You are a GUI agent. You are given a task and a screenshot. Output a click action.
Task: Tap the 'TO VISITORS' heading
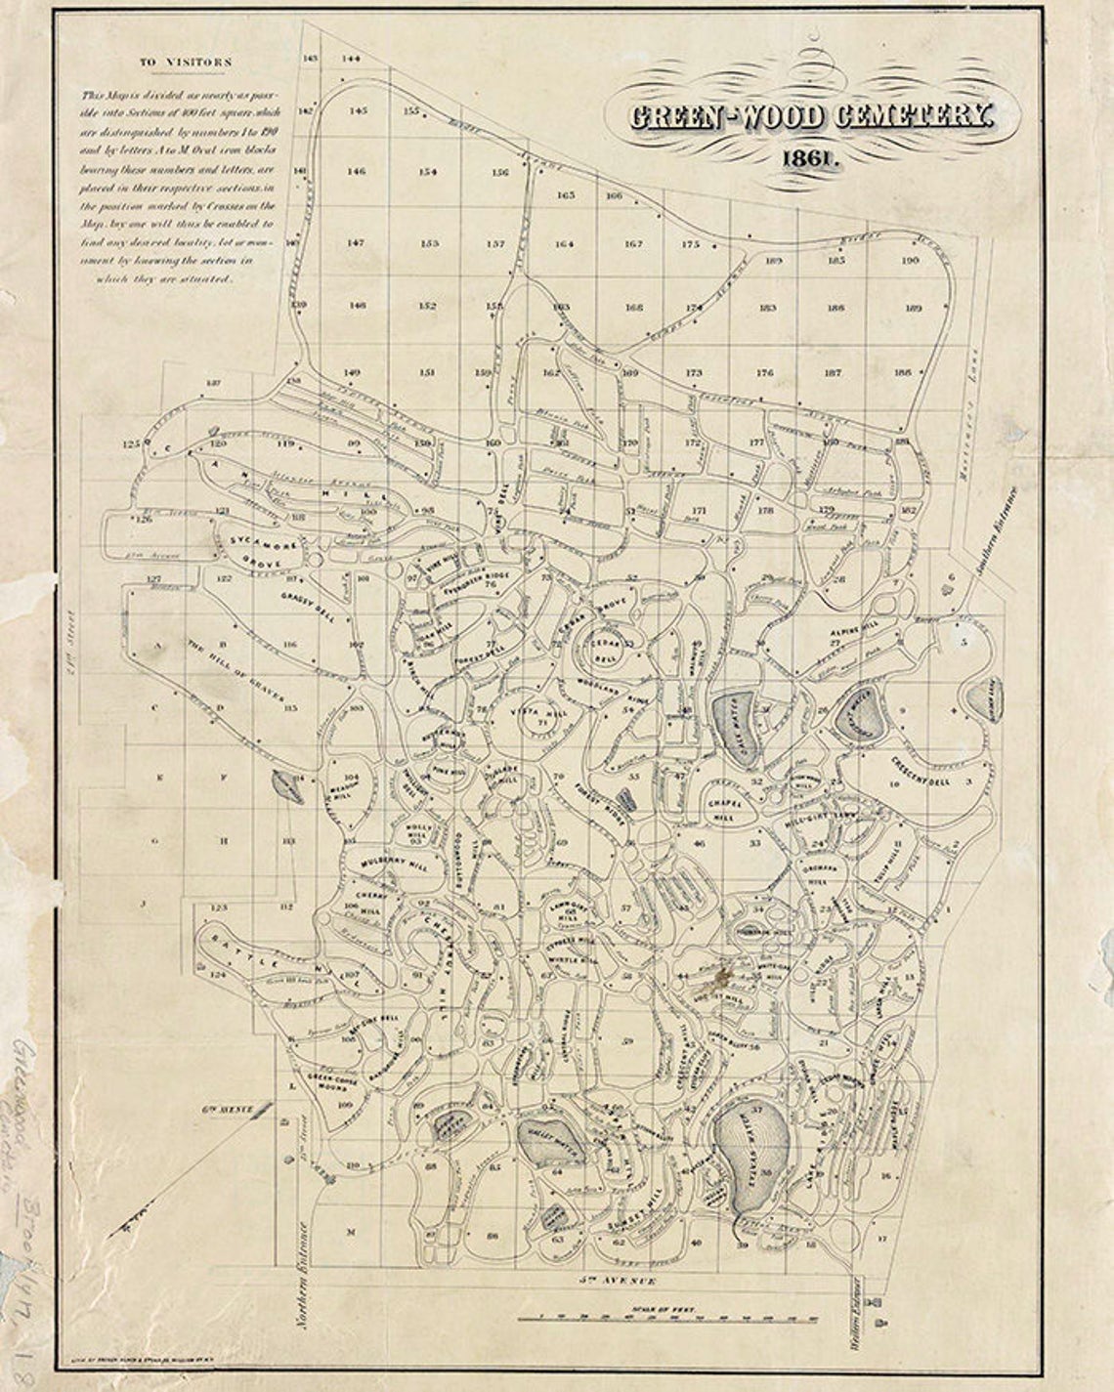tap(186, 62)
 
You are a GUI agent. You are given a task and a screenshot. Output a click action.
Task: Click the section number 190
tap(911, 260)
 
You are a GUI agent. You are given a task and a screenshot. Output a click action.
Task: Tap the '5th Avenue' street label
tap(614, 1279)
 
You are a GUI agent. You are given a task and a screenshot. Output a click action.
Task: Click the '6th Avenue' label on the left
tap(227, 1110)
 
